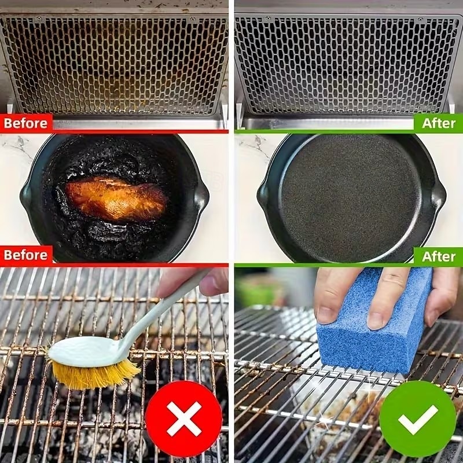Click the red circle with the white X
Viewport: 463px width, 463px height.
tap(183, 418)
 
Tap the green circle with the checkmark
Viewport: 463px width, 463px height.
tap(418, 418)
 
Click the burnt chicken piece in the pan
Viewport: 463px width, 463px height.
tap(116, 199)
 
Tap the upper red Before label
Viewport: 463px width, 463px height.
tap(26, 123)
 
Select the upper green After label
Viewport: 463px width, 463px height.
tap(438, 123)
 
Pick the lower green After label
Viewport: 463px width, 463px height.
tap(438, 255)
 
